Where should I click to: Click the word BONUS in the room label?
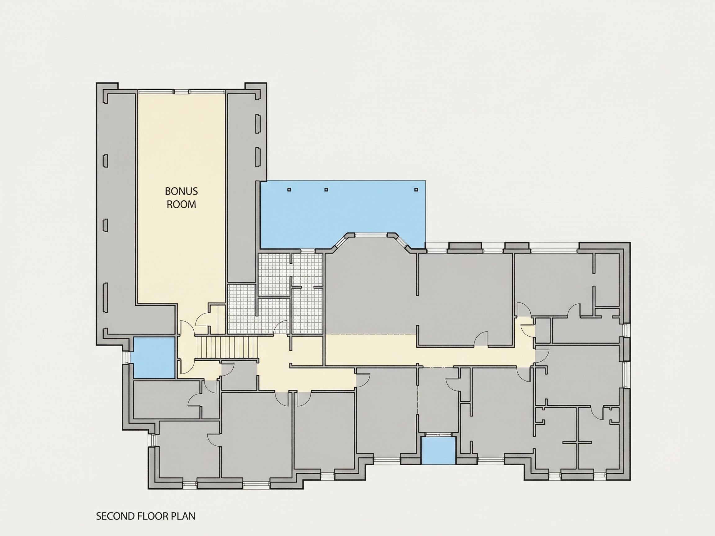pos(181,191)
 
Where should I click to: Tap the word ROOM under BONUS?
pos(181,204)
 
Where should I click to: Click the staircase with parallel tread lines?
pos(227,347)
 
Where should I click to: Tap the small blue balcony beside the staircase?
pos(154,358)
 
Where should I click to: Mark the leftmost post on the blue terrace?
pos(289,190)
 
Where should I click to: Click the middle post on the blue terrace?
pos(326,190)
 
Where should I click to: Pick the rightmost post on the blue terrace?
pos(416,190)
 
